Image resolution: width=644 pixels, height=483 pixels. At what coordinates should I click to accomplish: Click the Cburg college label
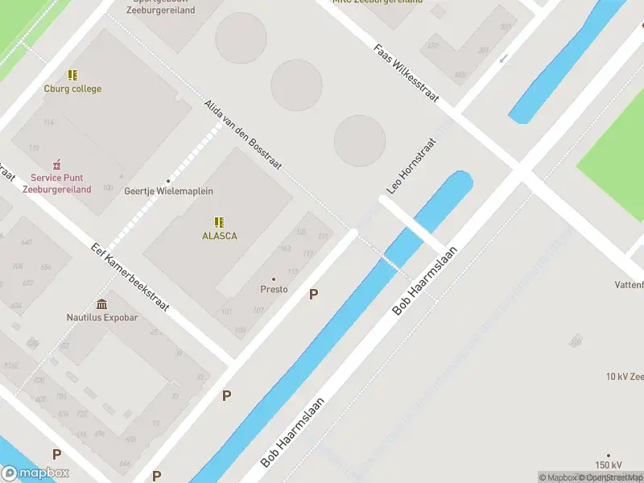[72, 89]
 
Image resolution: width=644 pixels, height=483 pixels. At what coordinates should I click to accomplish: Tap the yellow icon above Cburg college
[72, 75]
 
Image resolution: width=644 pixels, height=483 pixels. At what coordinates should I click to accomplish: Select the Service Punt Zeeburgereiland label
[56, 184]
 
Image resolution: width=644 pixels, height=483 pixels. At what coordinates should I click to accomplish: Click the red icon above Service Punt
[56, 164]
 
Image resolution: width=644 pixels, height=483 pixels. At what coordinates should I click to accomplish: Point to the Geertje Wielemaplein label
[168, 192]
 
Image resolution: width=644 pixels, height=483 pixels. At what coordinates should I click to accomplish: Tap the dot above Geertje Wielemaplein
[168, 180]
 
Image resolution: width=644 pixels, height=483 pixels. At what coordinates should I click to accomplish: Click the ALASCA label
[219, 236]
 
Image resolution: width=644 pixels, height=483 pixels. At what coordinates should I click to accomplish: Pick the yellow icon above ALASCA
[219, 221]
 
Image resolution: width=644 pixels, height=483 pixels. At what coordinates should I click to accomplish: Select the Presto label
[274, 289]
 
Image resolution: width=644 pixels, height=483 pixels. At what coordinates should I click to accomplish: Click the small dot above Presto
[274, 279]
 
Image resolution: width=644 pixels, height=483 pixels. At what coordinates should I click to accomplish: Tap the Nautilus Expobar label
[102, 317]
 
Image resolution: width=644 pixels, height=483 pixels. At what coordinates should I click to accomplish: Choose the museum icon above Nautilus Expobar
[102, 303]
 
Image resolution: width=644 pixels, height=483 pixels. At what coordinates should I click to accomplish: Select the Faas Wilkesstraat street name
[406, 72]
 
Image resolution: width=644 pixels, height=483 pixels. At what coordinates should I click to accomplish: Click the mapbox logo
[35, 473]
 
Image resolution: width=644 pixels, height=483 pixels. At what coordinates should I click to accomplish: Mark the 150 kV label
[609, 465]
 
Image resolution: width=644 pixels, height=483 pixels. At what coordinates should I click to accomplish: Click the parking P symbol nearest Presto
[313, 295]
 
